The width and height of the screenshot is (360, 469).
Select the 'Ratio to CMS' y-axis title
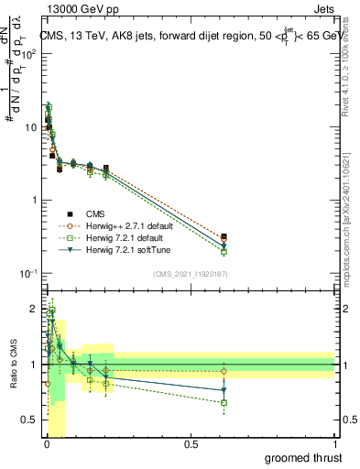pyautogui.click(x=13, y=365)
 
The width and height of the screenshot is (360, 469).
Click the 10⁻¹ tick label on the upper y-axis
pyautogui.click(x=27, y=274)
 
